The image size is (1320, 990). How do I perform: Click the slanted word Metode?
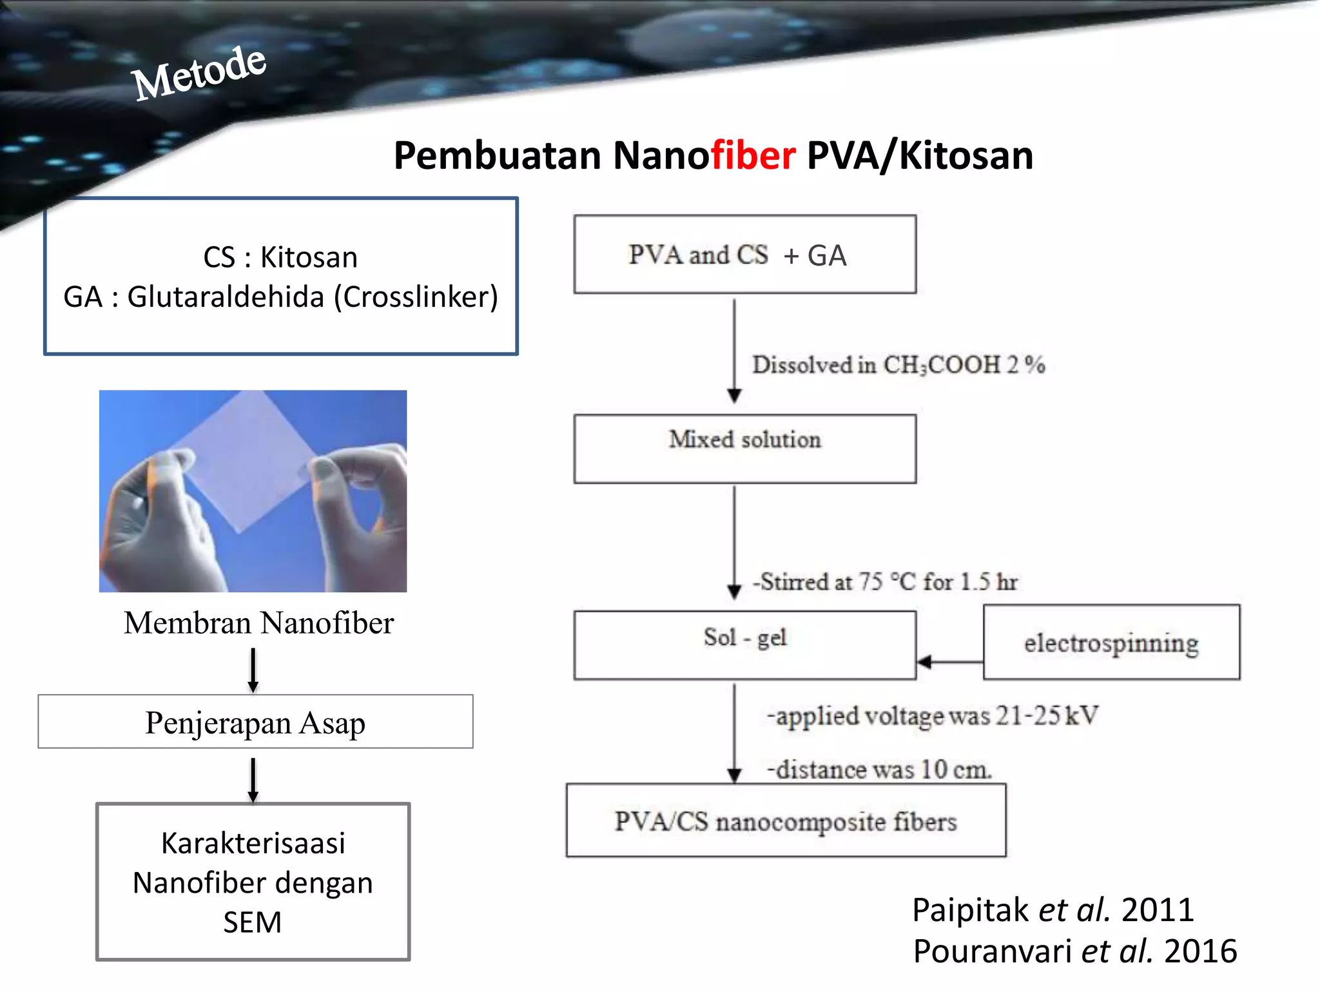point(199,74)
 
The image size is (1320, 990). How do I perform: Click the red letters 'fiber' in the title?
point(752,155)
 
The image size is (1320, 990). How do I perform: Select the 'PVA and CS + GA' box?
point(744,255)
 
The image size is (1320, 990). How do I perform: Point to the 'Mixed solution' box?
point(744,448)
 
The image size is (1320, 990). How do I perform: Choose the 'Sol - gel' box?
point(744,645)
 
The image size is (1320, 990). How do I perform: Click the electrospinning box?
point(1111,643)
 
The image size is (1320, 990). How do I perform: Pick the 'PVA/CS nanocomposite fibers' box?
point(786,821)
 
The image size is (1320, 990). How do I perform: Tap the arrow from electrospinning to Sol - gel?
point(950,662)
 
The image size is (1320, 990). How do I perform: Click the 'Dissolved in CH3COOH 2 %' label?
point(898,365)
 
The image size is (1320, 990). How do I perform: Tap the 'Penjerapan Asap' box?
point(255,722)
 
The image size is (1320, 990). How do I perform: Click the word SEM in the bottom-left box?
point(253,922)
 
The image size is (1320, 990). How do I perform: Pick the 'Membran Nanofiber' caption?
point(258,623)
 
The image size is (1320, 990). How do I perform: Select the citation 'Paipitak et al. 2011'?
point(1053,910)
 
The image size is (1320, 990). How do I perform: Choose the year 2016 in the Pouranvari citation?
point(1200,951)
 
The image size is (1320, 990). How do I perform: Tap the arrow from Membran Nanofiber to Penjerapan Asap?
point(253,670)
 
